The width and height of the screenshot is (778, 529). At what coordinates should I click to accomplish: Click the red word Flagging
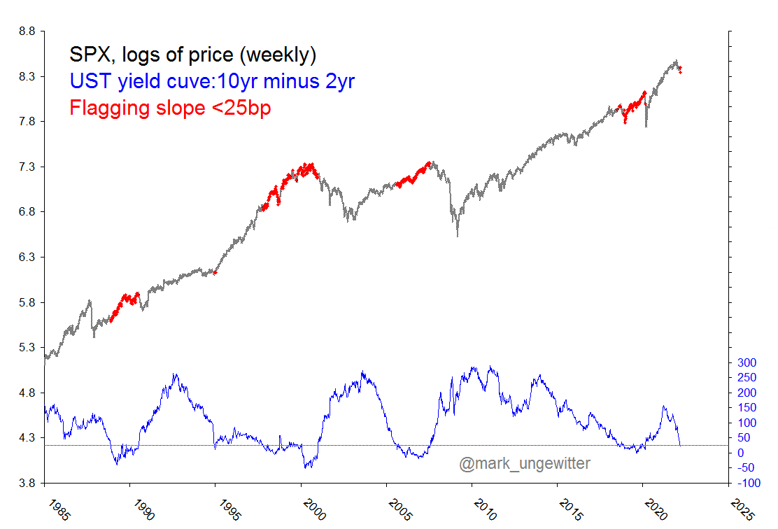pos(110,108)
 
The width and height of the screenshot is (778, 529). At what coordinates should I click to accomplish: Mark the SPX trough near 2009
pos(458,235)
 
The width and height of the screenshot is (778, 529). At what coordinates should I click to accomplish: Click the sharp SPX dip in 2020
pos(646,126)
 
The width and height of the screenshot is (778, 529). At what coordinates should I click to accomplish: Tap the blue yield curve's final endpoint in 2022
pos(680,444)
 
